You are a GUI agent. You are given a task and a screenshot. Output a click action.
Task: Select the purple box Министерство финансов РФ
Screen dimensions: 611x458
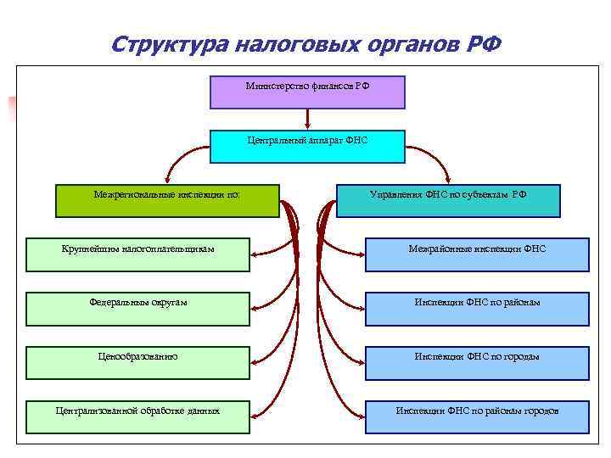point(307,92)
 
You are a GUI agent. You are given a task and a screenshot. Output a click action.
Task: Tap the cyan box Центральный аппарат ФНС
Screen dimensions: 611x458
point(307,146)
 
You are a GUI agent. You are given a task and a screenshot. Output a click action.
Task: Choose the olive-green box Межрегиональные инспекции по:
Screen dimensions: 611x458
point(167,200)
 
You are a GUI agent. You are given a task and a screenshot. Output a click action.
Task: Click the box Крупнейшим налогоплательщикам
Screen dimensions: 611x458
point(137,254)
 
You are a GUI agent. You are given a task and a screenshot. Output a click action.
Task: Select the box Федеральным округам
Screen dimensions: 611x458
point(137,309)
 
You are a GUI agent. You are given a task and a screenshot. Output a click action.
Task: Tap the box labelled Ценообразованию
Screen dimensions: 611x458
point(137,362)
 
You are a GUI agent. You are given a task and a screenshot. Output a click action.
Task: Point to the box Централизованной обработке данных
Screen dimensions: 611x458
point(137,416)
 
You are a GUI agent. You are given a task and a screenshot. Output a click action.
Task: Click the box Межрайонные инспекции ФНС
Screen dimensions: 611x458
point(477,254)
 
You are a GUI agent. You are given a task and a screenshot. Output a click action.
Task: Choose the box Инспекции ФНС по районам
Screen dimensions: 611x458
point(477,309)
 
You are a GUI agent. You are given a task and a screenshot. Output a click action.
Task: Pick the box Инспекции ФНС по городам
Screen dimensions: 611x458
point(477,362)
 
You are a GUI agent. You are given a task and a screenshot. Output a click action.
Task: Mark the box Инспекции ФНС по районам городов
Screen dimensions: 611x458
point(477,416)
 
